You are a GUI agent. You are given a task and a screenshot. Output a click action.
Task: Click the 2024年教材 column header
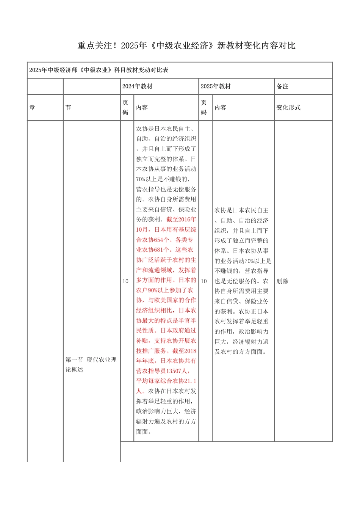pyautogui.click(x=137, y=86)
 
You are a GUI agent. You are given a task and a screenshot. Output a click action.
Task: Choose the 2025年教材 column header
pyautogui.click(x=216, y=86)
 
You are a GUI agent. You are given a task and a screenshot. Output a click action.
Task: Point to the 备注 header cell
pyautogui.click(x=282, y=86)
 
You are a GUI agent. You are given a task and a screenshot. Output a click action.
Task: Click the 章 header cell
pyautogui.click(x=32, y=108)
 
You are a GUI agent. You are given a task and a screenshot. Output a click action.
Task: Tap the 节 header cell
pyautogui.click(x=68, y=108)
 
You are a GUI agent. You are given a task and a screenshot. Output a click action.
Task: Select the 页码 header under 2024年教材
pyautogui.click(x=125, y=108)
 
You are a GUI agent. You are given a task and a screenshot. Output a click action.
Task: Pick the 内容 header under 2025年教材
pyautogui.click(x=220, y=108)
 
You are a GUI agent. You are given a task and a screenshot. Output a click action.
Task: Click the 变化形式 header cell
pyautogui.click(x=288, y=108)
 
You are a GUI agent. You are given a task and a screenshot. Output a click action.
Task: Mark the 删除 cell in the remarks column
pyautogui.click(x=282, y=281)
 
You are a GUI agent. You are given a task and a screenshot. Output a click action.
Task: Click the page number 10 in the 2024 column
pyautogui.click(x=125, y=281)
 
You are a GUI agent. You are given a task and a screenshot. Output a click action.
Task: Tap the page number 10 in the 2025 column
pyautogui.click(x=204, y=281)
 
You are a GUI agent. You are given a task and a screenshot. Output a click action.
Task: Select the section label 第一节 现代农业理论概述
pyautogui.click(x=91, y=364)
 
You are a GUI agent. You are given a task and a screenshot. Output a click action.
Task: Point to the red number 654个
pyautogui.click(x=162, y=240)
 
